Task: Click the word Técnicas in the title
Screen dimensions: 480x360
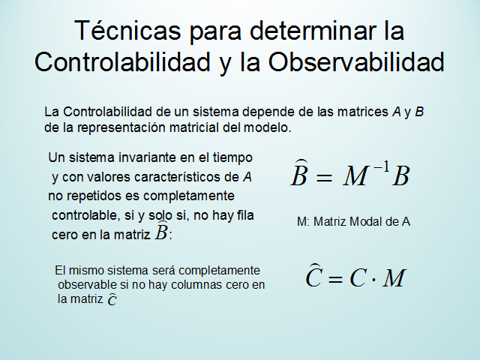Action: coord(127,30)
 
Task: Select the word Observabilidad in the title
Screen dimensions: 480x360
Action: coord(356,62)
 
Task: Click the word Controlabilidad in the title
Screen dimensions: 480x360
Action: coord(122,62)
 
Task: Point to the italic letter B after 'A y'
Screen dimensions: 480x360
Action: coord(419,112)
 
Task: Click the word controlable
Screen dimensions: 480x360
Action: coord(85,215)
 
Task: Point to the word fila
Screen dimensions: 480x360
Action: coord(245,215)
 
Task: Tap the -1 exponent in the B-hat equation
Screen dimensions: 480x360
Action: coord(382,167)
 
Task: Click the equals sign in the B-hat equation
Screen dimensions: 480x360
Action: coord(324,178)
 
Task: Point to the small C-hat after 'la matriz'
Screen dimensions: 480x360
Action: coord(112,299)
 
